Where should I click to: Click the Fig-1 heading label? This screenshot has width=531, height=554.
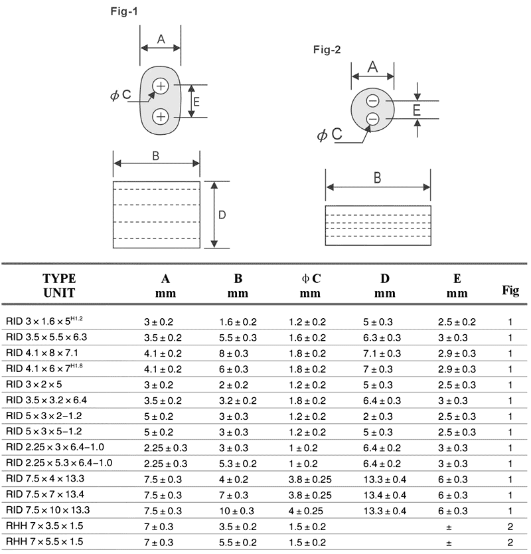point(124,11)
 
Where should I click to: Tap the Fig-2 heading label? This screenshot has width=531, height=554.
point(327,50)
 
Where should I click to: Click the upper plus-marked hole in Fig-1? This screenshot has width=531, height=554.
point(161,86)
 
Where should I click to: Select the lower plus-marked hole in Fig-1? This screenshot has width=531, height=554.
point(161,117)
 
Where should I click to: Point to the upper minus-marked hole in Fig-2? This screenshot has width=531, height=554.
point(373,101)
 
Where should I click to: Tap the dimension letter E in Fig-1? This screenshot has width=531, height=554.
point(196,102)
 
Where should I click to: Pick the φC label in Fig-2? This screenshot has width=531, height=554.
point(330,135)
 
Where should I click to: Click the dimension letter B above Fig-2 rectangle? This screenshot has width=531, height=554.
point(377,177)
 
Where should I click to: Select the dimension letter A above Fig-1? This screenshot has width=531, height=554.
point(161,40)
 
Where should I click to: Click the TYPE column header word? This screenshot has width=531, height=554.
point(59,278)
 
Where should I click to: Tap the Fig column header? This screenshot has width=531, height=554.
point(510,290)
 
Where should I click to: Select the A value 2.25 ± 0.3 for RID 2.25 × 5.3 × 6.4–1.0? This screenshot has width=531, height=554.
point(166,463)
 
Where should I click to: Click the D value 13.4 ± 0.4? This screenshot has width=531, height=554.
point(385,495)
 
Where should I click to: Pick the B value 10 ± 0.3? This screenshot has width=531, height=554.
point(238,511)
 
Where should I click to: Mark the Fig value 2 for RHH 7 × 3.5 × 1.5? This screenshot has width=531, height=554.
point(510,526)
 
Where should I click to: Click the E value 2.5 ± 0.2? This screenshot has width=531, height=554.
point(457,322)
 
